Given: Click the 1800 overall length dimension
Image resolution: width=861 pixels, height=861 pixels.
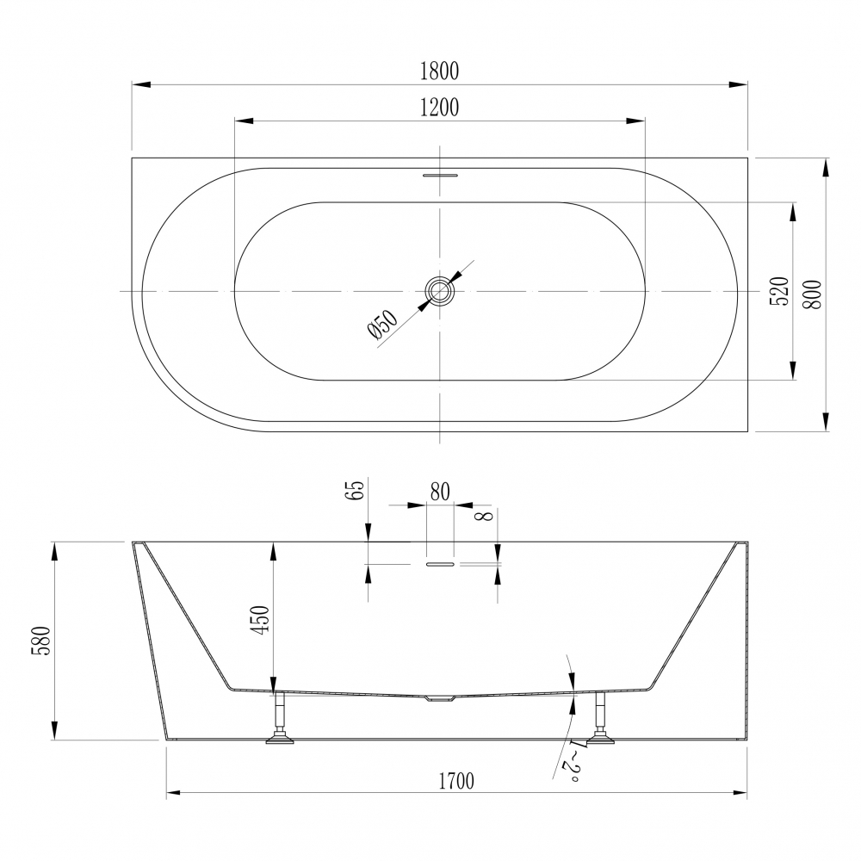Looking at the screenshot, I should (439, 71).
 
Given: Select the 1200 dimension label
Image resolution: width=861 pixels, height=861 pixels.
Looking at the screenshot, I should (439, 108).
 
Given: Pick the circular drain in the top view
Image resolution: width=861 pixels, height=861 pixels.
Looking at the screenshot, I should (440, 291).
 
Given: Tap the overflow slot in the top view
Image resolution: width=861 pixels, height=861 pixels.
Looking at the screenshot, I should (440, 176).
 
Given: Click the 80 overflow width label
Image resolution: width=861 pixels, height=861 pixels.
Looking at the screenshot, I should (439, 492).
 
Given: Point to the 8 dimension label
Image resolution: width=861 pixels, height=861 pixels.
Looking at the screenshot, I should (484, 518).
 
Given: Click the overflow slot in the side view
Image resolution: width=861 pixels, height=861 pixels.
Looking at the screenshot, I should (439, 564).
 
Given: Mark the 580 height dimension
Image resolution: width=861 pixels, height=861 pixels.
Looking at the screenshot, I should (40, 640).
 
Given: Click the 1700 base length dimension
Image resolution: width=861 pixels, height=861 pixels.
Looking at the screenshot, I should (456, 781).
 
